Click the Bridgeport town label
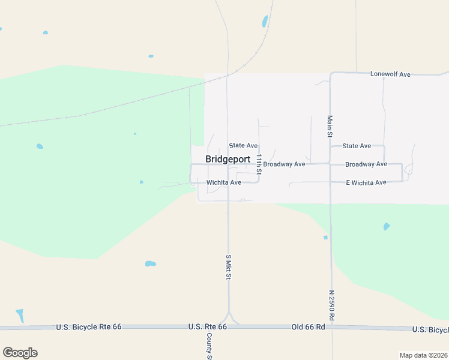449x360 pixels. pos(228,159)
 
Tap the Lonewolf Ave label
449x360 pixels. pos(390,74)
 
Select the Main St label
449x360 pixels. pos(330,127)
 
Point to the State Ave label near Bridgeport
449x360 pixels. pos(243,145)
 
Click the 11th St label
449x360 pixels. pos(259,164)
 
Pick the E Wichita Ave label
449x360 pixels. pos(366,182)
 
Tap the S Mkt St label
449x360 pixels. pos(228,266)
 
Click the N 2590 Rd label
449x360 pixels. pos(331,305)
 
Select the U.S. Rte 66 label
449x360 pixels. pos(207,326)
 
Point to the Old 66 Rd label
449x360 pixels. pos(308,326)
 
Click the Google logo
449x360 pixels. pos(20,353)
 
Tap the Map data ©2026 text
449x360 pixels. pos(423,355)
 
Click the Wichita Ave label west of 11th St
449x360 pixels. pos(223,182)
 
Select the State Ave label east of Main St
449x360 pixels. pos(357,145)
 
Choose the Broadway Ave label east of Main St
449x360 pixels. pos(366,164)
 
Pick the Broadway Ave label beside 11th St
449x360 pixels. pos(285,164)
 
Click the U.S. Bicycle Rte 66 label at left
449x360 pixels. pos(89,327)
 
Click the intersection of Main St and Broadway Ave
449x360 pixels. pos(330,163)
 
